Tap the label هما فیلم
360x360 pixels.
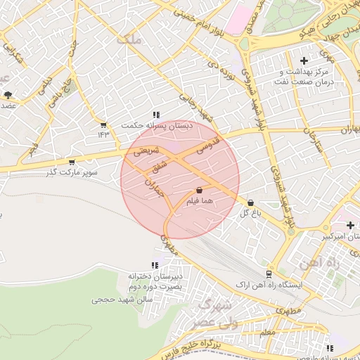point(199,202)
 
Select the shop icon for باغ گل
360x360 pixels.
point(251,203)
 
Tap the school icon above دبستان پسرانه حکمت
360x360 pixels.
point(156,115)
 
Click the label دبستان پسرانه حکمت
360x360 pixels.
point(156,125)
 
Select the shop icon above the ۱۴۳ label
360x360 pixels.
point(103,124)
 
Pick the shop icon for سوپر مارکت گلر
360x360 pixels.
point(71,162)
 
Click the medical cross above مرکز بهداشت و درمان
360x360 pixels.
point(304,61)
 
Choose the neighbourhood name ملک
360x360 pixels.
point(131,41)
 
